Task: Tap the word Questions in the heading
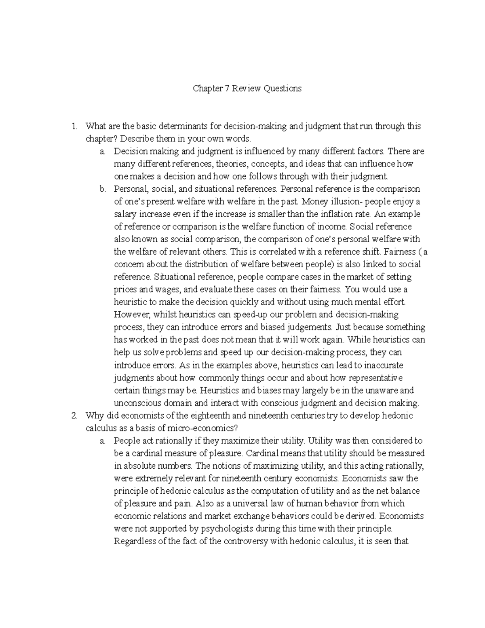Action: click(x=283, y=88)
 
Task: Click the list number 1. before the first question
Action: click(x=74, y=126)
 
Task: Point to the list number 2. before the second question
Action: click(x=74, y=416)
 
